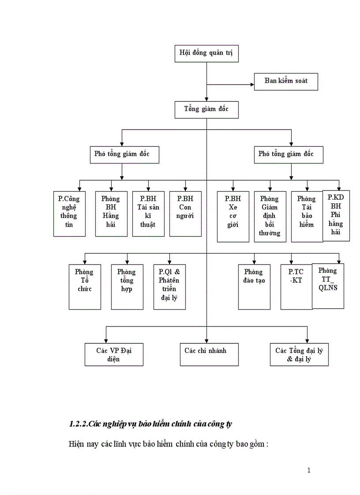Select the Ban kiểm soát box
click(286, 81)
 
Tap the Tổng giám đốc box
click(206, 109)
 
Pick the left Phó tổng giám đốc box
click(122, 154)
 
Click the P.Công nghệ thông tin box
click(69, 214)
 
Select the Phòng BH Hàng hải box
click(111, 214)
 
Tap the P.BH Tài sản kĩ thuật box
click(148, 214)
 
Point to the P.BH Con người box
click(185, 214)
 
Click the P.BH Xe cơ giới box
click(233, 216)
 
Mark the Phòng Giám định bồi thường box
click(270, 216)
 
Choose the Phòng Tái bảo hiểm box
click(307, 216)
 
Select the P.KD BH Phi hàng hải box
click(336, 216)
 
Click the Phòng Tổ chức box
click(85, 287)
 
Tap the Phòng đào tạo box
click(254, 287)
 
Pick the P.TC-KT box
click(296, 287)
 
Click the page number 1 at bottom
click(309, 470)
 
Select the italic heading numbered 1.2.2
click(150, 424)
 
